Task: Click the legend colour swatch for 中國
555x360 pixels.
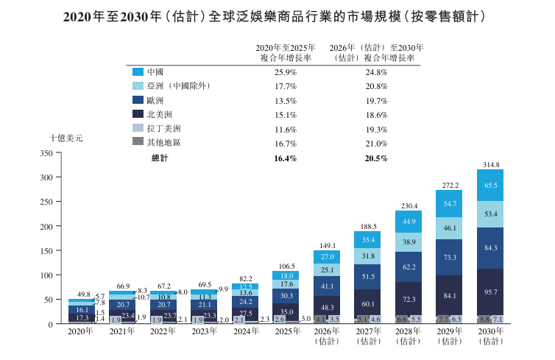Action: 137,72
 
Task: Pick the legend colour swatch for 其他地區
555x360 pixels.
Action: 137,141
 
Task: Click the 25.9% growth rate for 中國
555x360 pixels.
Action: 285,72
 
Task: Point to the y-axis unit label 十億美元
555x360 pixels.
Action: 66,138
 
